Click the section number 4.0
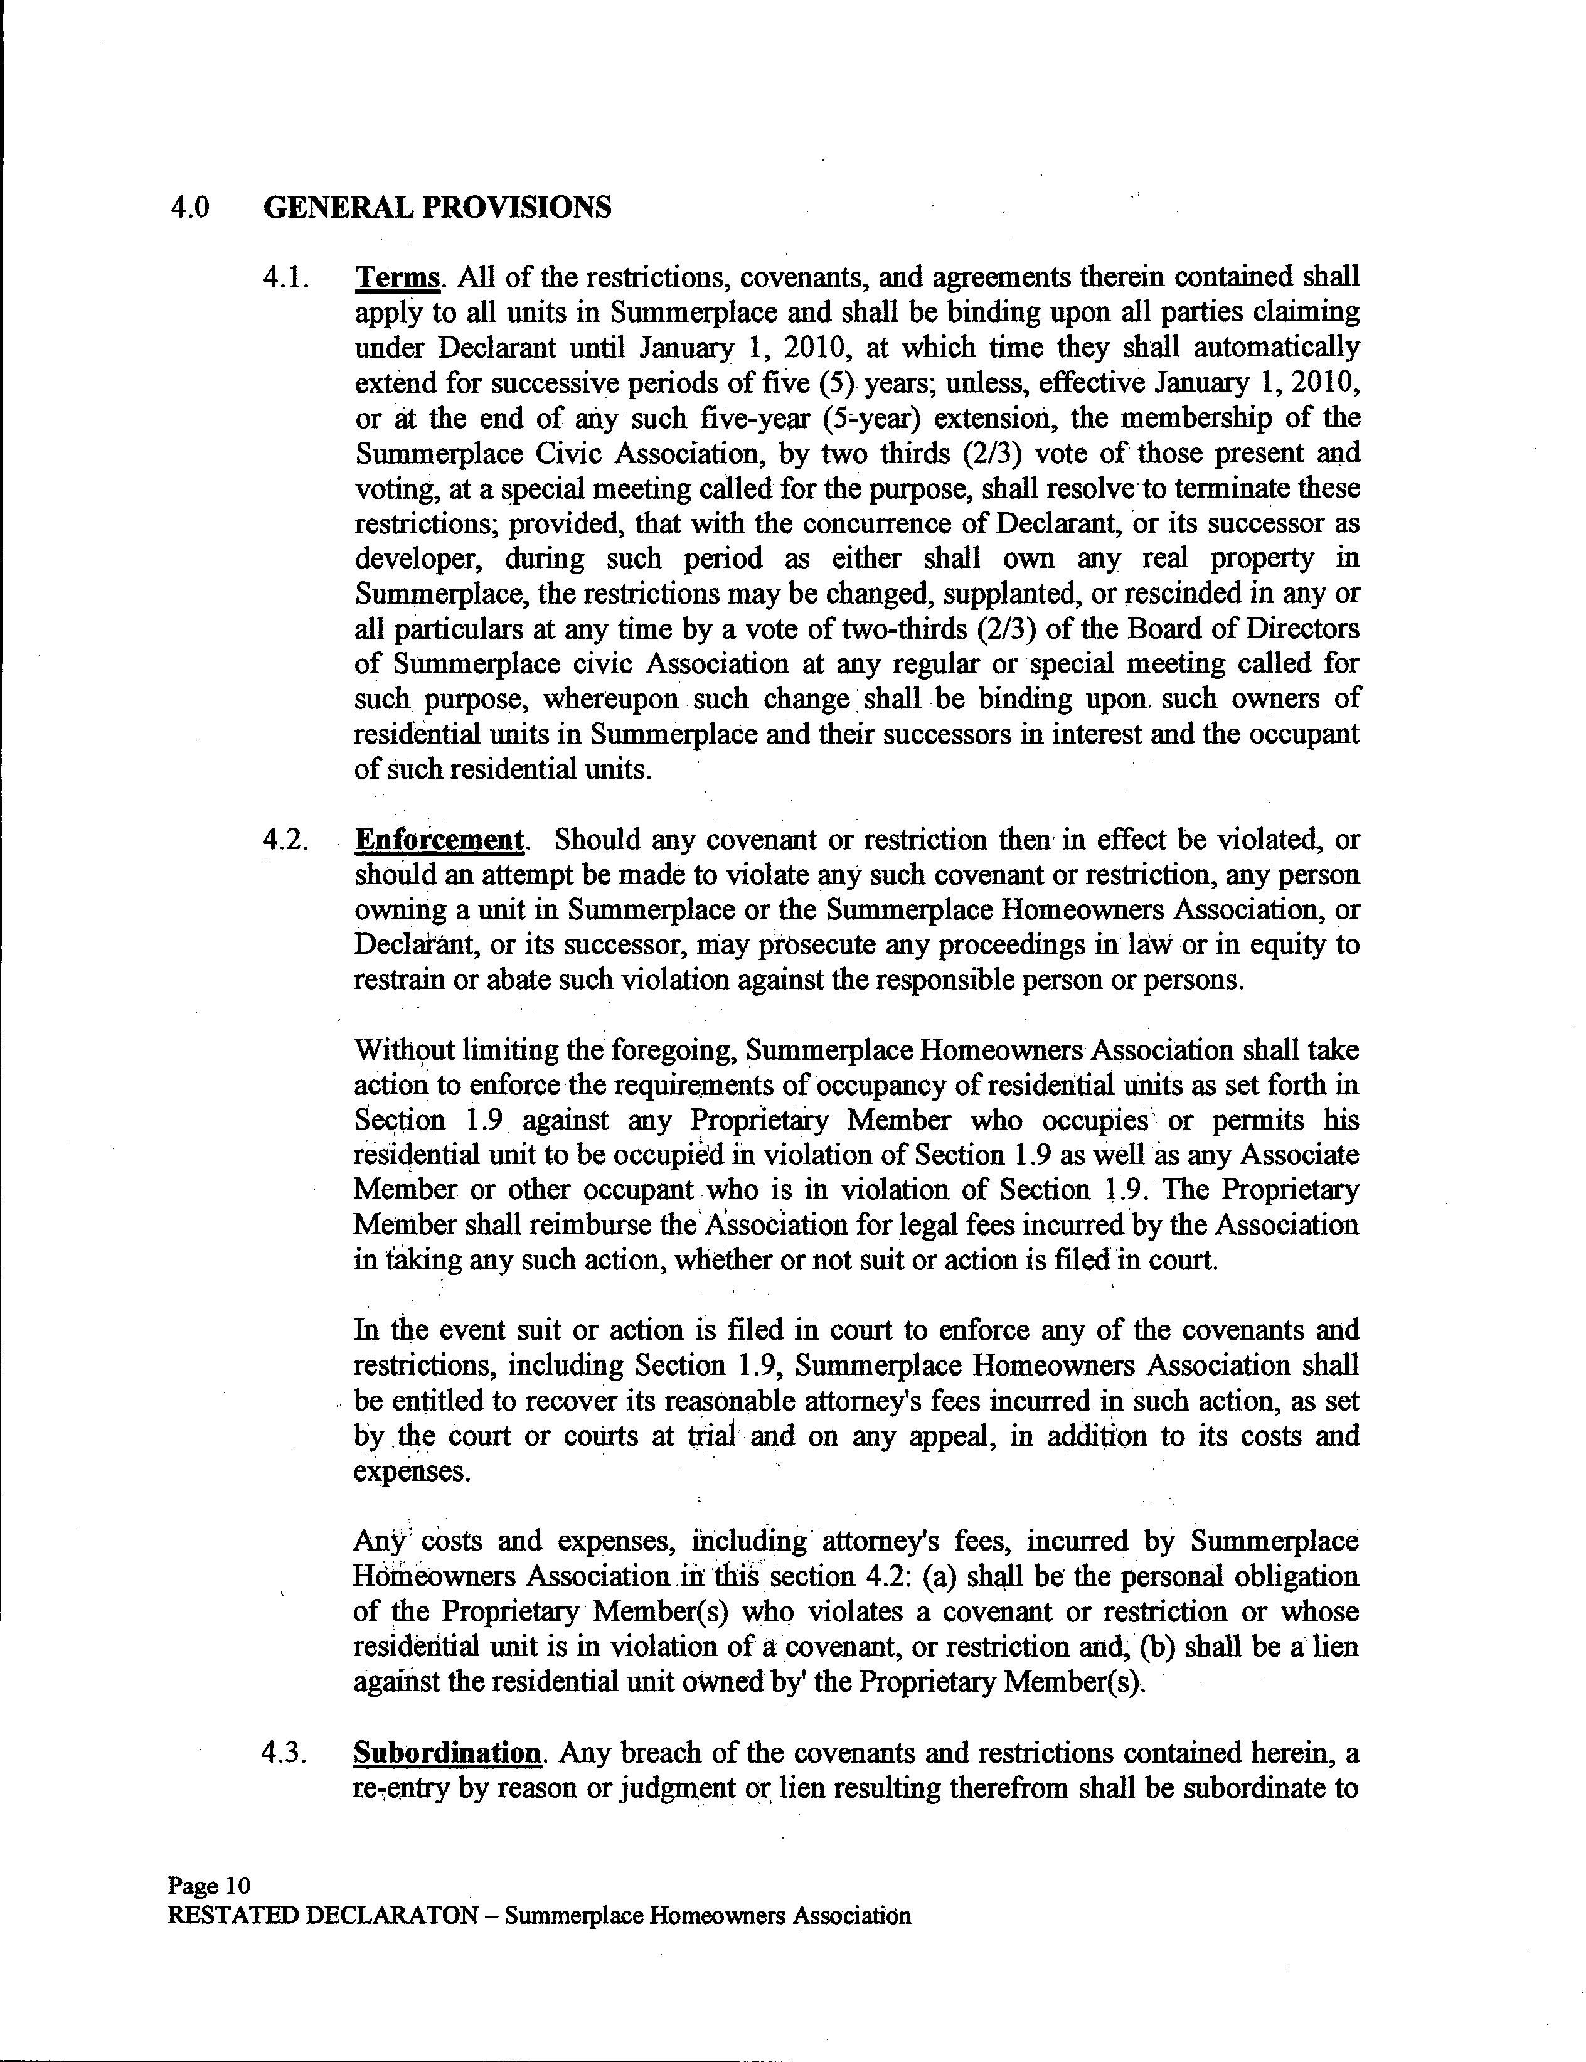[189, 207]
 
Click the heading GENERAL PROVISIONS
[437, 207]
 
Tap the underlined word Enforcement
[439, 840]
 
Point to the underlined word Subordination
[447, 1753]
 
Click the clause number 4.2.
[285, 840]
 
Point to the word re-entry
[400, 1789]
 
